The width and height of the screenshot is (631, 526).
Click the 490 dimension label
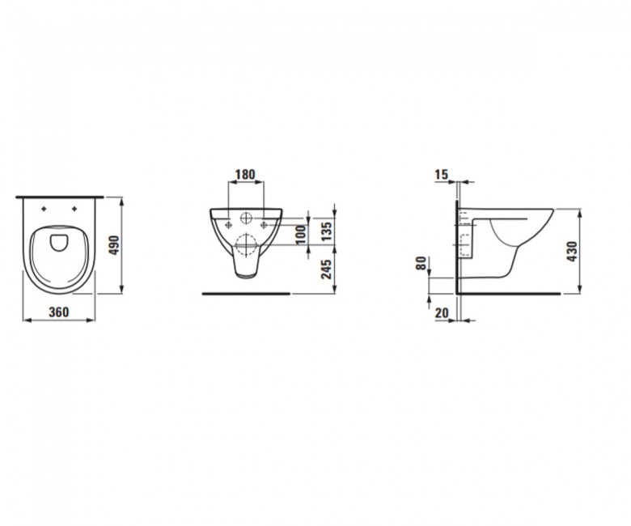click(115, 245)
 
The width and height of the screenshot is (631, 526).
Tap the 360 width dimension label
click(59, 312)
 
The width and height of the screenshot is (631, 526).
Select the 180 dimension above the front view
click(245, 174)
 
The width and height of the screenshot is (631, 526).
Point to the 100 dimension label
click(301, 235)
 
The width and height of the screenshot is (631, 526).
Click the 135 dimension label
click(326, 231)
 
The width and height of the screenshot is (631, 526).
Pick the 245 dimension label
click(326, 269)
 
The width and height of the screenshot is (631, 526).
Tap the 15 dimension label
click(442, 174)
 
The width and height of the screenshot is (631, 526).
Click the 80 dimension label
click(421, 264)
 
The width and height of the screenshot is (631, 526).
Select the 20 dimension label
click(442, 312)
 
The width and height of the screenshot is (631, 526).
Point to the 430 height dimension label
click(572, 252)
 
